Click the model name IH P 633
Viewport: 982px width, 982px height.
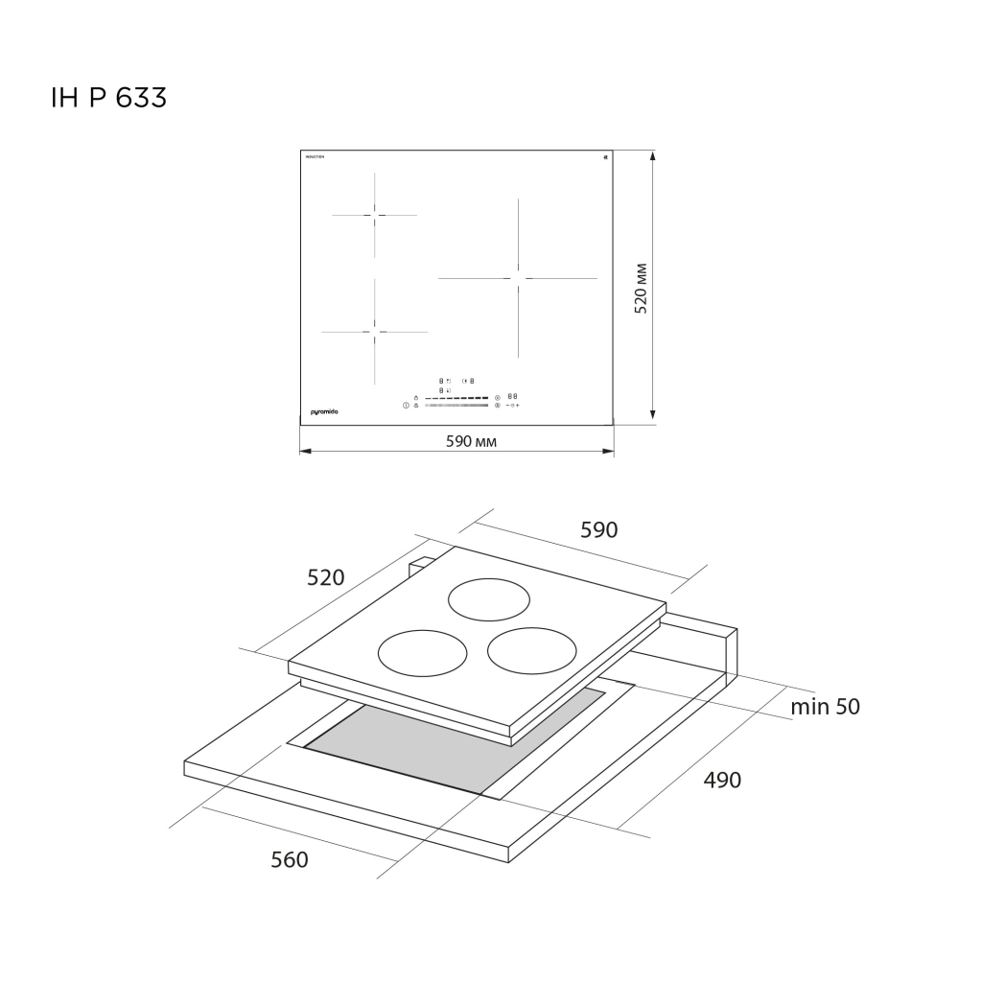[108, 98]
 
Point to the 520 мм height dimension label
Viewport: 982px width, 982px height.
[642, 287]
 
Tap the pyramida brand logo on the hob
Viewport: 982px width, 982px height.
[325, 411]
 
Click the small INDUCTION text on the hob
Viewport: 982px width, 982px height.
[315, 156]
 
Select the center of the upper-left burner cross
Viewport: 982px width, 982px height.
[375, 215]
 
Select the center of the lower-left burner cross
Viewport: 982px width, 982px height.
[375, 332]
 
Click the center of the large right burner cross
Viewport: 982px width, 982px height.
[518, 278]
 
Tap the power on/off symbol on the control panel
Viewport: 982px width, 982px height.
[407, 406]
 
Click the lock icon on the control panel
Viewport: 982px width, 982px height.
[416, 397]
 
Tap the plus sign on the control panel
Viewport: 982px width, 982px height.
[518, 406]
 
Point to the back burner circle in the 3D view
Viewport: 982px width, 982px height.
[490, 600]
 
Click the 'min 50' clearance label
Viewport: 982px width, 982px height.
[825, 707]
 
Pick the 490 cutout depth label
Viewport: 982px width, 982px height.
[722, 780]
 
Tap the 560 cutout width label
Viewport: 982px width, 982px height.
[289, 860]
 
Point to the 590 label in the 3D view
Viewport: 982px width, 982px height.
[599, 529]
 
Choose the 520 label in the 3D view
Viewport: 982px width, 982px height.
[325, 577]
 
